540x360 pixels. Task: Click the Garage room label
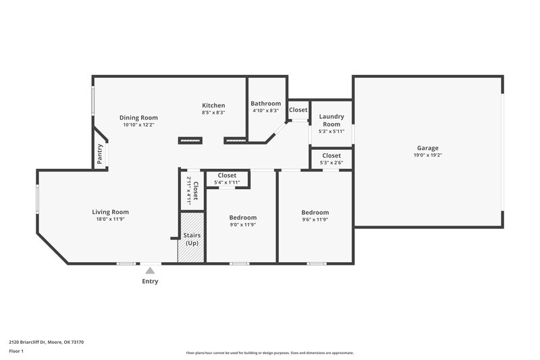click(x=427, y=148)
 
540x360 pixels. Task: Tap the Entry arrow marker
click(x=150, y=270)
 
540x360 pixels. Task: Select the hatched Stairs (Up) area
click(x=191, y=238)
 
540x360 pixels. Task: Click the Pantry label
click(x=100, y=154)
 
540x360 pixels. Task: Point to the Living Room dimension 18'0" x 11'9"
click(x=110, y=220)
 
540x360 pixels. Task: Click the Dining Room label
click(x=138, y=118)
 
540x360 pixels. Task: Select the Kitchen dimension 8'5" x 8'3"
click(x=213, y=113)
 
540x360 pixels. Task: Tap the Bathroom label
click(x=265, y=103)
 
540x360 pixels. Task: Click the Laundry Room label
click(x=331, y=120)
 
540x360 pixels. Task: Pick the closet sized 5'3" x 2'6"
click(x=331, y=159)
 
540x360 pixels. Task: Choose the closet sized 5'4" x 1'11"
click(x=227, y=179)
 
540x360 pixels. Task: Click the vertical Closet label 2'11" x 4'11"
click(x=192, y=189)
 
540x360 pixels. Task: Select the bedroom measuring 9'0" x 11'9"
click(x=242, y=221)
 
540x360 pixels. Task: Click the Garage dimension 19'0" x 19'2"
click(x=427, y=155)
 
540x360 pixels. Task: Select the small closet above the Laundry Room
click(x=298, y=109)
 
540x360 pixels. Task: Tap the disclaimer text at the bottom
click(x=269, y=353)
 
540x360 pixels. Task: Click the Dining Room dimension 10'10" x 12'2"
click(x=138, y=125)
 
